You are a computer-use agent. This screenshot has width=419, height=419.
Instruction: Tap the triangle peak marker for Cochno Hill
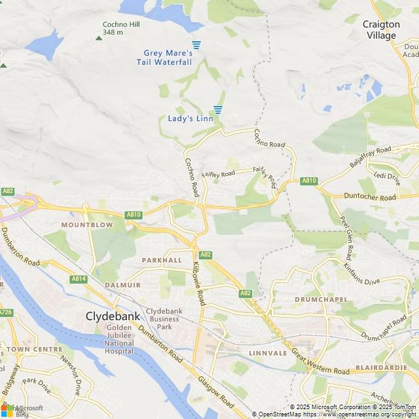pyautogui.click(x=99, y=37)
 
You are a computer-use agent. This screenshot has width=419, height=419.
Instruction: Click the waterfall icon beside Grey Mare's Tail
pyautogui.click(x=196, y=45)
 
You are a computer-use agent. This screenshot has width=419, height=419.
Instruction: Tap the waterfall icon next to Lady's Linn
pyautogui.click(x=218, y=109)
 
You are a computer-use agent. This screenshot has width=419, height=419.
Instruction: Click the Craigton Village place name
pyautogui.click(x=381, y=29)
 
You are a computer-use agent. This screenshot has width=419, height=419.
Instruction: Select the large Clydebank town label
pyautogui.click(x=113, y=316)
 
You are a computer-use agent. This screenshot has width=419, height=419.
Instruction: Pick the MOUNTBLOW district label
pyautogui.click(x=87, y=225)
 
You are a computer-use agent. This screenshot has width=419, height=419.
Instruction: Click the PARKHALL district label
pyautogui.click(x=162, y=260)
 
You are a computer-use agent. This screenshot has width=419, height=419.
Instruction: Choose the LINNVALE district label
pyautogui.click(x=268, y=353)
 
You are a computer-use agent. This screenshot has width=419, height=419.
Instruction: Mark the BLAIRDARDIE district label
pyautogui.click(x=381, y=368)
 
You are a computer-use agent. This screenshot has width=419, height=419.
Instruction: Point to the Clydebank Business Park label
pyautogui.click(x=168, y=319)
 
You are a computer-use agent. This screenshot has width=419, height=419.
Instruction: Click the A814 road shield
pyautogui.click(x=79, y=279)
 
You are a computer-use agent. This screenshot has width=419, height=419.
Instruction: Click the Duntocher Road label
pyautogui.click(x=370, y=197)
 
